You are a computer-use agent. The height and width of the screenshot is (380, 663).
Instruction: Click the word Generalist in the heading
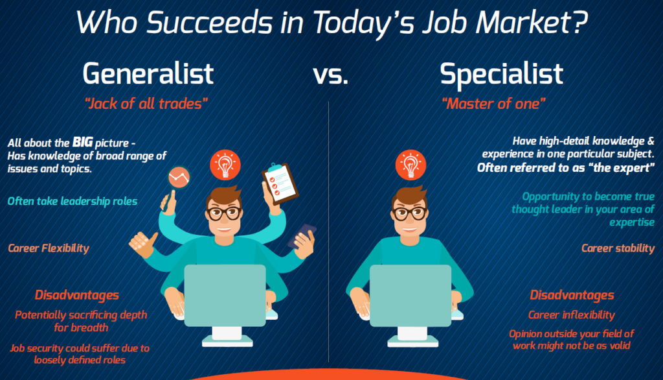148,73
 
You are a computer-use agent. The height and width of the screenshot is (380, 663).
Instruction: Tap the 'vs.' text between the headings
331,75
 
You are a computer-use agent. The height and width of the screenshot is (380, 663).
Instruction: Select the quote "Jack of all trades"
146,104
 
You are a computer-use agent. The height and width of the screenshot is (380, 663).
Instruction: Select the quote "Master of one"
493,104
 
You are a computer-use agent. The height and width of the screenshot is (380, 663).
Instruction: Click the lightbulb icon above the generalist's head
225,165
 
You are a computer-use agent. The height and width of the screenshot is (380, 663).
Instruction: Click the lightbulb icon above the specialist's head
410,165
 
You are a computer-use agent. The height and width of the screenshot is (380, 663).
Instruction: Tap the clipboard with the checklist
280,182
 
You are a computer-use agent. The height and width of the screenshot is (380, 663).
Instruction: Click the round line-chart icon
179,177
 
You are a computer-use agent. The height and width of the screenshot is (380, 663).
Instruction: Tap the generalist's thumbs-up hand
143,244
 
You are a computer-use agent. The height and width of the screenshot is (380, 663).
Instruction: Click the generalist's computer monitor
225,296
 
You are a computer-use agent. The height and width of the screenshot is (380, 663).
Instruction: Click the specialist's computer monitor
410,296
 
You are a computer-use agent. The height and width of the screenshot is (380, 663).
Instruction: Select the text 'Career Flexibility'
49,248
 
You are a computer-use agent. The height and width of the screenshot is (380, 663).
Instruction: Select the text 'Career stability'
618,248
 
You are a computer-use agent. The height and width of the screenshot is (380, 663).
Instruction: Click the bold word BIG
82,143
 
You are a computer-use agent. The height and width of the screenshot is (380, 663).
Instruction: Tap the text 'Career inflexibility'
571,315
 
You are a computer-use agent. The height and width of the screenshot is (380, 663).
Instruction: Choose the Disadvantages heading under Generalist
77,295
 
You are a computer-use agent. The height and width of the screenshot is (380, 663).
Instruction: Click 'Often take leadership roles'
73,201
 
